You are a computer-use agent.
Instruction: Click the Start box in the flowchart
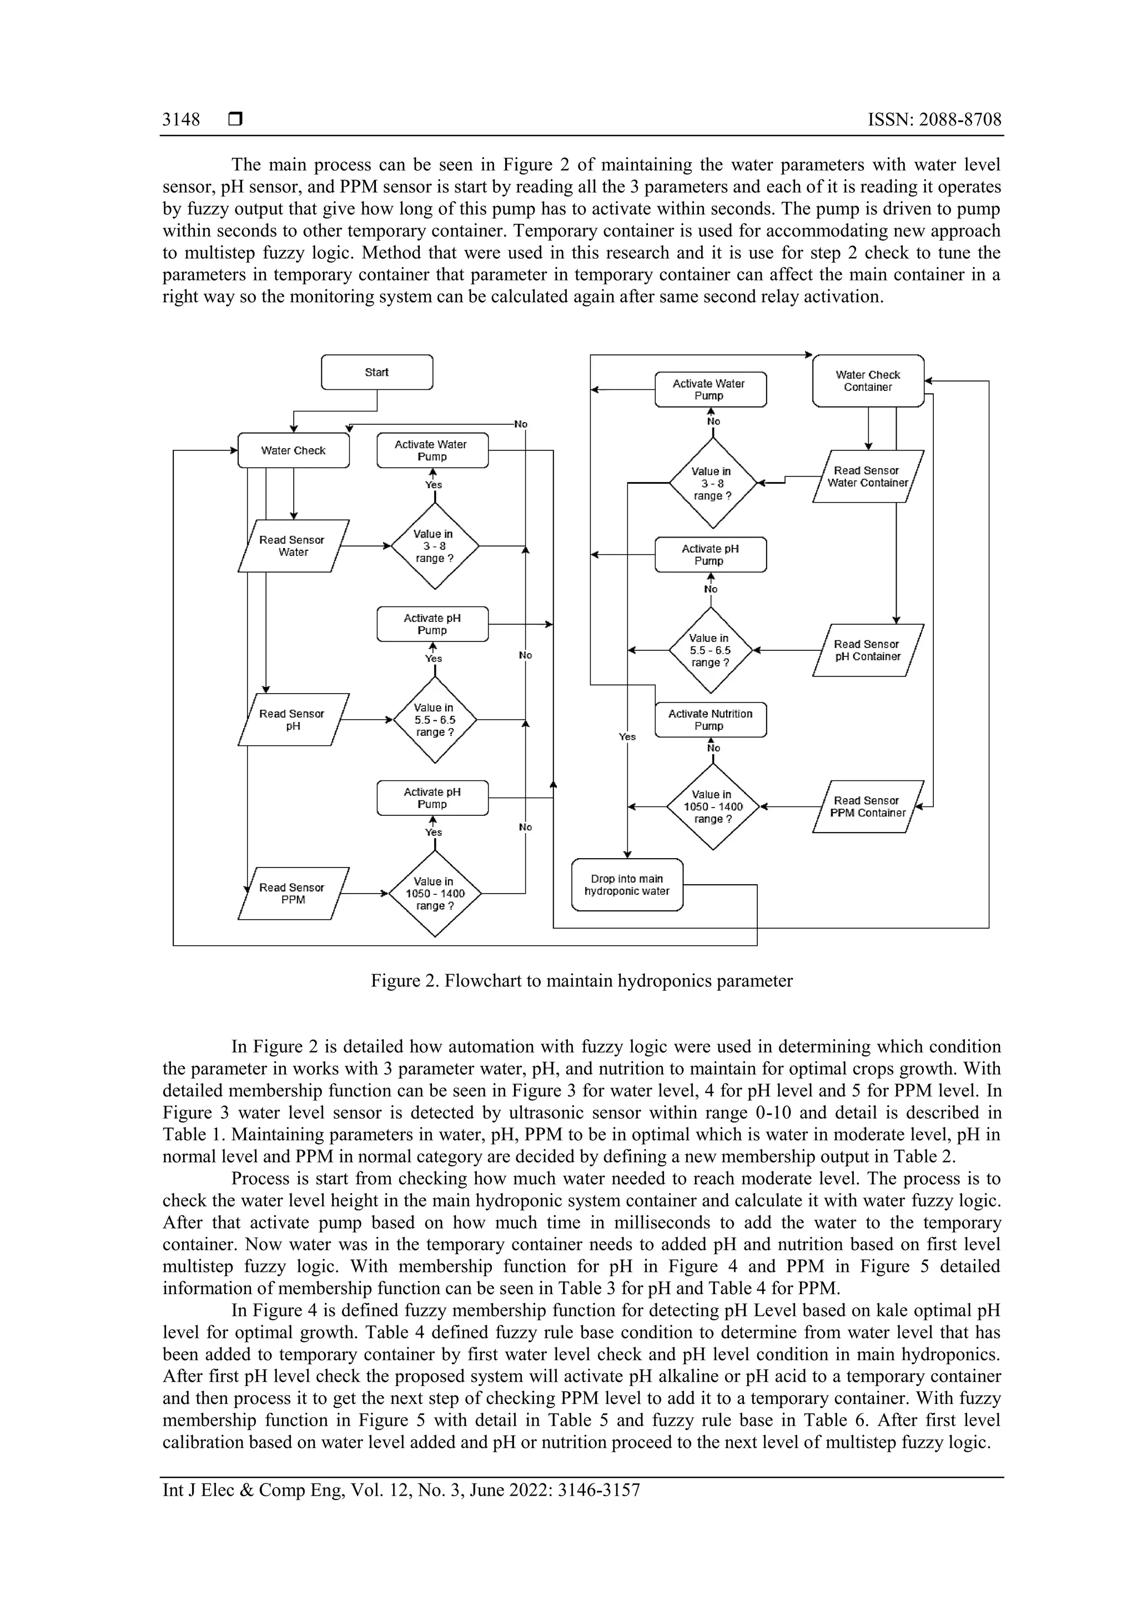tap(377, 372)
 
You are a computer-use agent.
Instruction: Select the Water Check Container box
tap(867, 380)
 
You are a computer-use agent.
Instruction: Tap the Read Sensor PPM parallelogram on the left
tap(293, 894)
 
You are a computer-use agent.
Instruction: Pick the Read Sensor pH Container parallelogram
tap(867, 650)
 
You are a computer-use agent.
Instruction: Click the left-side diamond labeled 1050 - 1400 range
tap(435, 894)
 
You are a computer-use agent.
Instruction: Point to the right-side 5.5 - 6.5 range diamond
tap(710, 650)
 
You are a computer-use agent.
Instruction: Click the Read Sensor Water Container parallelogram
tap(867, 477)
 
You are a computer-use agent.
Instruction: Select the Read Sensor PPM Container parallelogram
tap(867, 806)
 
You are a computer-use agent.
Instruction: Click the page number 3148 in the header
tap(181, 120)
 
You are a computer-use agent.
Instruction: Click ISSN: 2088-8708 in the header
tap(934, 120)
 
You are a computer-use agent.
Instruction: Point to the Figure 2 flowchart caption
tap(581, 980)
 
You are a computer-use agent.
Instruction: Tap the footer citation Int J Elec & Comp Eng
tap(401, 1490)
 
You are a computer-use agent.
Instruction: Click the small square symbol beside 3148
tap(235, 120)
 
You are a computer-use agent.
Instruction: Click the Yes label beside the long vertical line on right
tap(627, 736)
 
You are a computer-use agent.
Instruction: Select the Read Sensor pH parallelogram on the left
tap(293, 720)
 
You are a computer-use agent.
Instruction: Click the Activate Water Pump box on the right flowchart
tap(710, 390)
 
